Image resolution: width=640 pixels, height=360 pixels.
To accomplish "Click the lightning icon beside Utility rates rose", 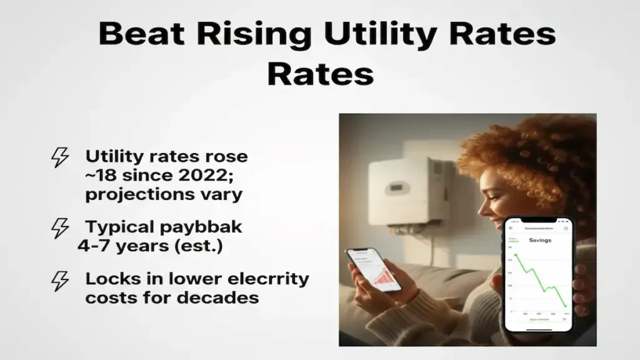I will point(60,157).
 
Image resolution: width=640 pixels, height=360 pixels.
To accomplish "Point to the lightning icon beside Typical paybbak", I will point(60,228).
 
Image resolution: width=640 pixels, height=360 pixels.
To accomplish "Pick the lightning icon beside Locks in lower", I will point(60,281).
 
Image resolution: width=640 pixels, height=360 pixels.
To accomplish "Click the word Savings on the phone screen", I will point(539,240).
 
